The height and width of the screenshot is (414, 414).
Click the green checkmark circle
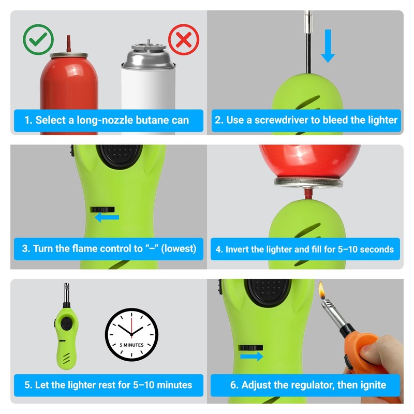pyautogui.click(x=38, y=40)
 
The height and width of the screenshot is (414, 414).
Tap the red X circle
pyautogui.click(x=184, y=40)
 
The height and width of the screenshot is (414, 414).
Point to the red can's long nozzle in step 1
pyautogui.click(x=69, y=43)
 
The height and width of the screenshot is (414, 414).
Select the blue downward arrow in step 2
pyautogui.click(x=328, y=46)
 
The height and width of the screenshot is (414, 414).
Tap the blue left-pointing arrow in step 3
pyautogui.click(x=107, y=217)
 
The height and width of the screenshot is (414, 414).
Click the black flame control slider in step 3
pyautogui.click(x=102, y=210)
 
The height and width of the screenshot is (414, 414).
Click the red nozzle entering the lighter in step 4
pyautogui.click(x=308, y=194)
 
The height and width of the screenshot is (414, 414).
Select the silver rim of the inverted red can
pyautogui.click(x=308, y=182)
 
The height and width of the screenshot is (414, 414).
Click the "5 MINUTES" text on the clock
pyautogui.click(x=132, y=345)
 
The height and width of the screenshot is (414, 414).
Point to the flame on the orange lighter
pyautogui.click(x=321, y=290)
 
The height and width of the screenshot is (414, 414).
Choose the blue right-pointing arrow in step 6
pyautogui.click(x=252, y=356)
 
